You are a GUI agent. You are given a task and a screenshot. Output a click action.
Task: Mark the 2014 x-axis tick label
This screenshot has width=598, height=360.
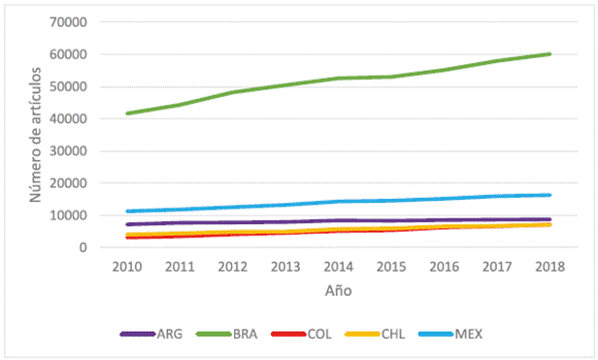coord(339,267)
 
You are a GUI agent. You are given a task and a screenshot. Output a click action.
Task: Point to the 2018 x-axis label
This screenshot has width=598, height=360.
coord(549,267)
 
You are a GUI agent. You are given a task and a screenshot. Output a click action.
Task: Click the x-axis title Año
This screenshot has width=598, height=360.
coord(338,290)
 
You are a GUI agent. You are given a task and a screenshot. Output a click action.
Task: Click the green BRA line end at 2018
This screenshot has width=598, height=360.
coord(549,54)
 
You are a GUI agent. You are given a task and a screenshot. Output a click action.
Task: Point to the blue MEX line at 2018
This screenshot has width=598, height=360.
coord(549,195)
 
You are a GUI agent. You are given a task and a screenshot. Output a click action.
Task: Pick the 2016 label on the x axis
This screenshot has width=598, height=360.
coord(445,267)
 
